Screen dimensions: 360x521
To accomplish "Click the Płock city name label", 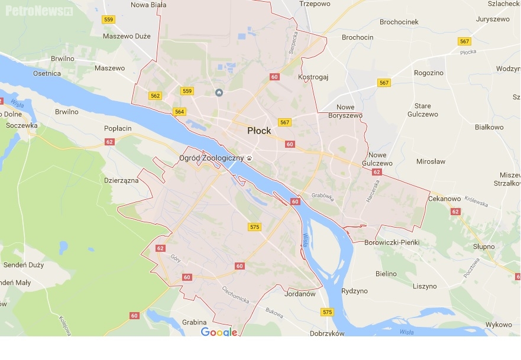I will coord(259,131).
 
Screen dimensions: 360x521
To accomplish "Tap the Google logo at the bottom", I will coord(219,332).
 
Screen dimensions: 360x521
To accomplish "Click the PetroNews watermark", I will coord(39,10).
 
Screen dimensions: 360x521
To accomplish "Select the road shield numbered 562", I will coord(156,96).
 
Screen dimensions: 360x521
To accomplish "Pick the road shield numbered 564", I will coord(180,111).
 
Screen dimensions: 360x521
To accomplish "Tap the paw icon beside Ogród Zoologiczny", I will coord(250,158).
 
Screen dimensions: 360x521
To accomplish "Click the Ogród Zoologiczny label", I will coord(211,158).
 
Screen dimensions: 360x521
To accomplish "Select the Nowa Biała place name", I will coord(148,5).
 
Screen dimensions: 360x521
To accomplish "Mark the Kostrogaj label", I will coord(313,77).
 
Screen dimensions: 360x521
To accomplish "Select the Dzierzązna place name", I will coord(121,180).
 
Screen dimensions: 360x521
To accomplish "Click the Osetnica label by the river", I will coord(47,73).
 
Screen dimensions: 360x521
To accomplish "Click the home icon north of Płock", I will coord(219,92).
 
